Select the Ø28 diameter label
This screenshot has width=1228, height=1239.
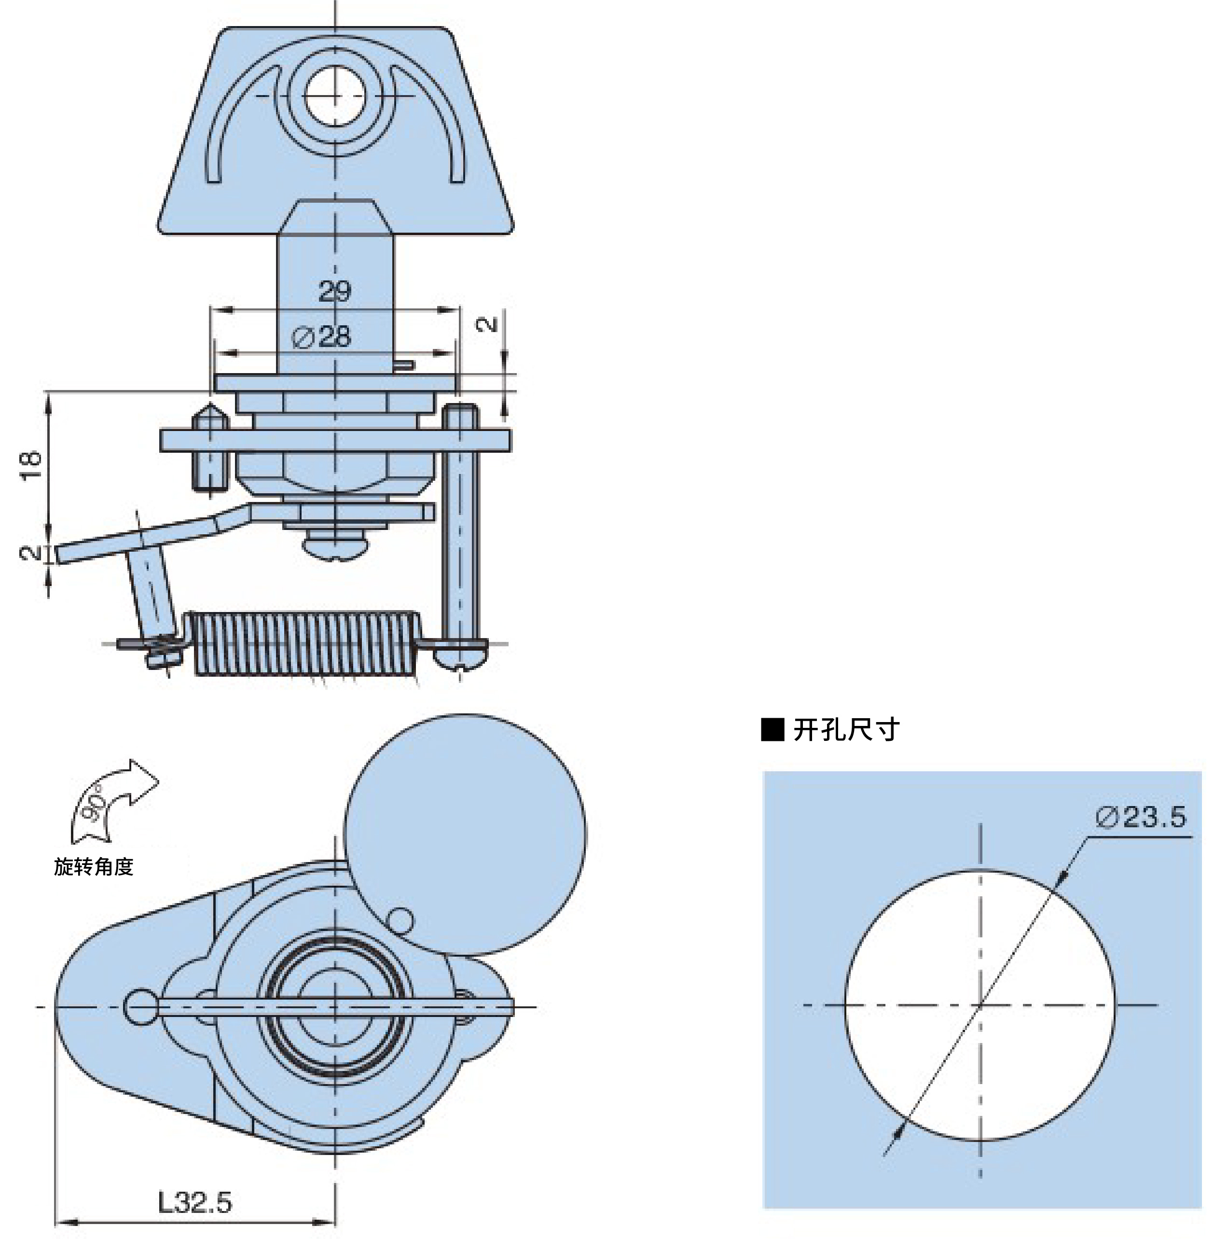(x=321, y=337)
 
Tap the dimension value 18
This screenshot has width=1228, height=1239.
(x=31, y=465)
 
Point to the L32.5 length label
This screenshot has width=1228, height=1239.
(x=195, y=1202)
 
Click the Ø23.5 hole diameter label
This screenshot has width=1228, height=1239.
(x=1141, y=816)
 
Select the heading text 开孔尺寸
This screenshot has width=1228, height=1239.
(x=846, y=730)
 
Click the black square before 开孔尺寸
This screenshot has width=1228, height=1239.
(x=773, y=730)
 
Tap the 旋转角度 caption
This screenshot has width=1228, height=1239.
(x=94, y=866)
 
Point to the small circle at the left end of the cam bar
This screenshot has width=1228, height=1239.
(x=141, y=1007)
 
